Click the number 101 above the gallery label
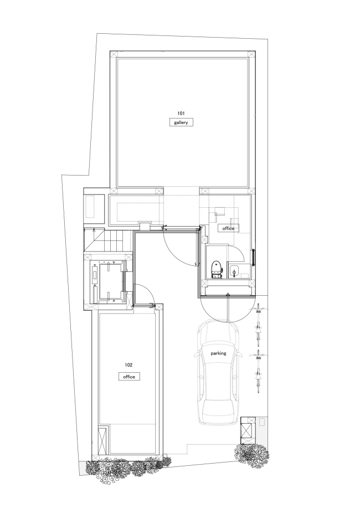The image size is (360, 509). click(181, 112)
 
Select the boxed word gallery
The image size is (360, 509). click(181, 123)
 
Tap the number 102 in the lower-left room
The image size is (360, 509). click(129, 366)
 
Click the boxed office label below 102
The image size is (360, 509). click(129, 376)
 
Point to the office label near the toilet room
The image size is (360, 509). click(228, 228)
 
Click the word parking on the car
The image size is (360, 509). click(218, 352)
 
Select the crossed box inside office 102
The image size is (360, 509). click(102, 439)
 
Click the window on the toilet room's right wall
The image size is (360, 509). click(254, 258)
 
